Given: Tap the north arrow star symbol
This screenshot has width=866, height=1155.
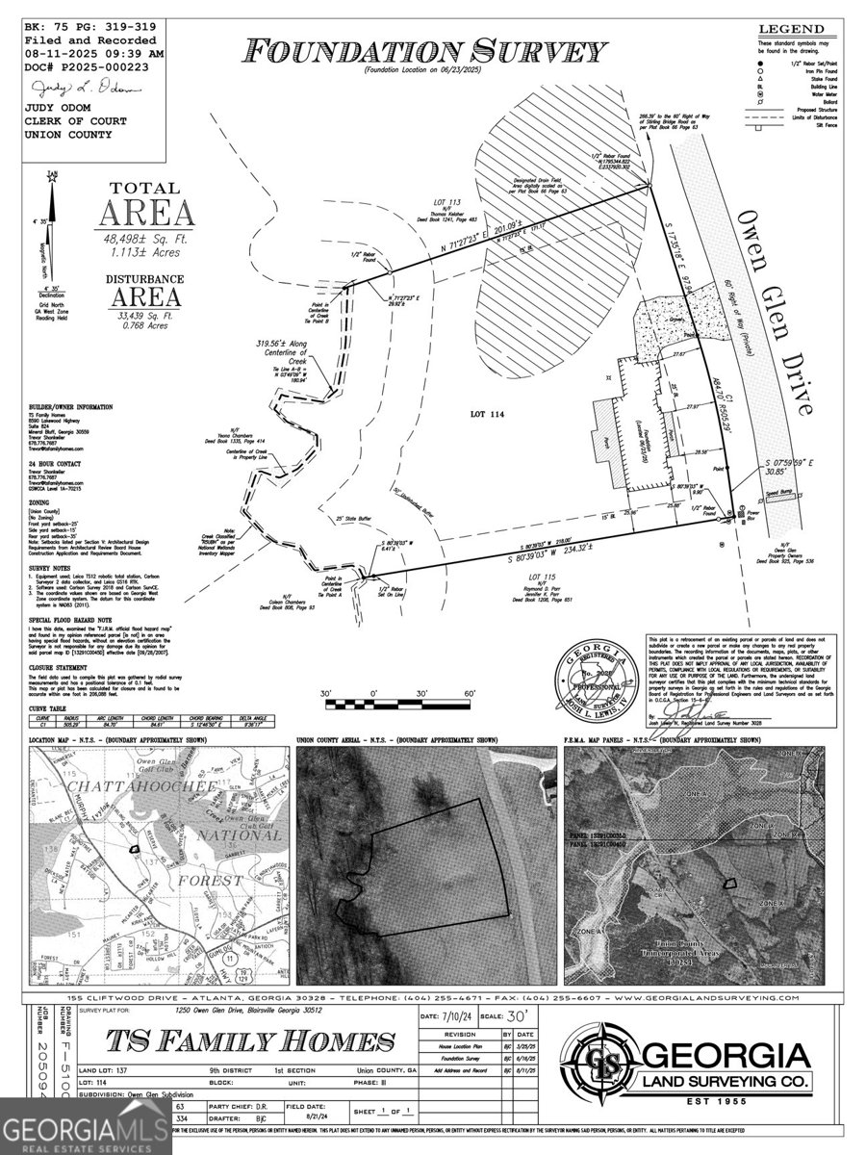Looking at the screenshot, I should (53, 178).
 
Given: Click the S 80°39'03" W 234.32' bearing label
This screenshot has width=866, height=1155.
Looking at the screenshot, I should (556, 560).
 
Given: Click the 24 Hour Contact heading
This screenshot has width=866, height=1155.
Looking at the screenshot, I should (53, 464).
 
